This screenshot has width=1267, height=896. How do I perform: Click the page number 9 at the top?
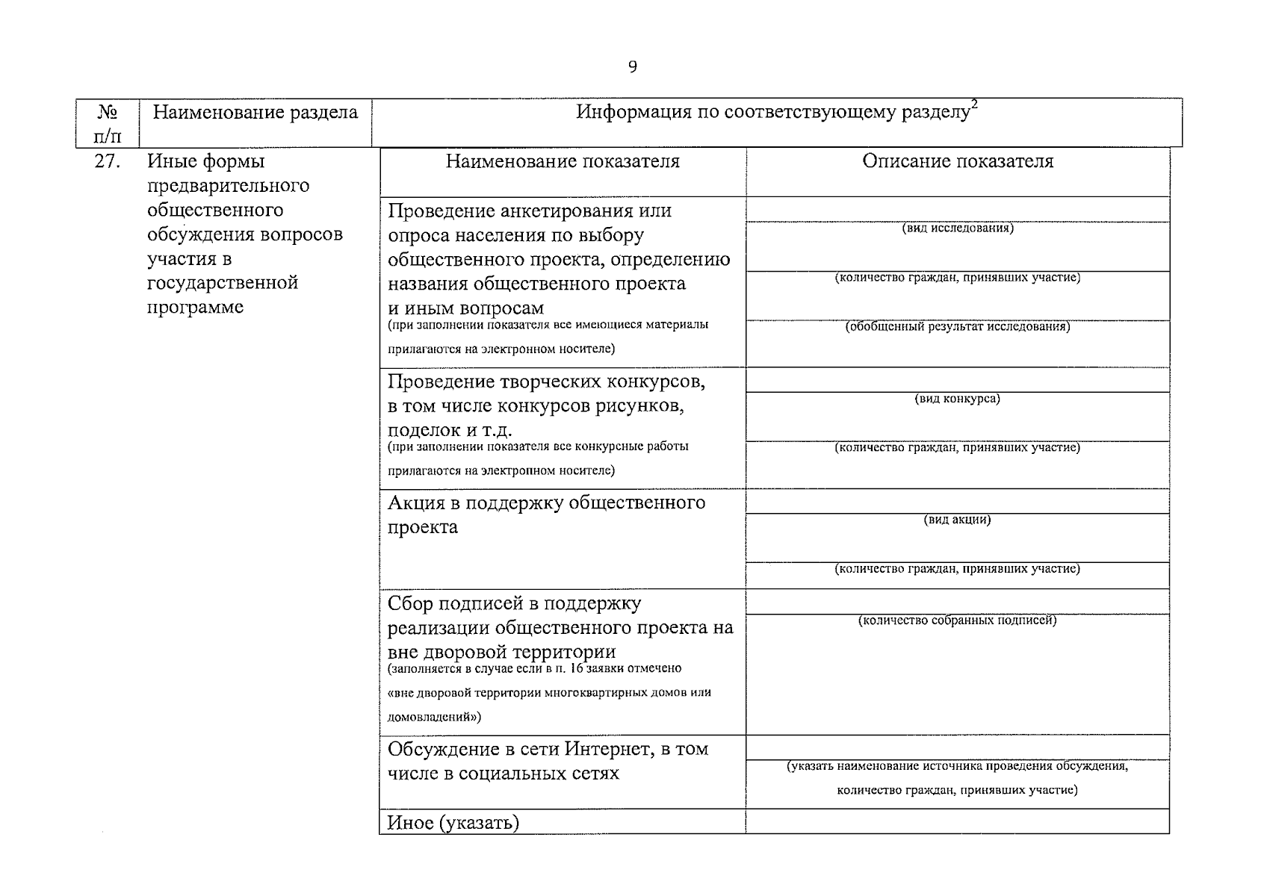click(633, 67)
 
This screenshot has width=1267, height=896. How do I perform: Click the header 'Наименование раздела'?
click(255, 113)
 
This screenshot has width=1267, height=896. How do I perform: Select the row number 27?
click(108, 161)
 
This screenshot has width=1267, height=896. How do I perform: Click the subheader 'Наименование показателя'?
click(563, 161)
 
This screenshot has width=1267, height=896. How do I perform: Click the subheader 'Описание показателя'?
click(957, 161)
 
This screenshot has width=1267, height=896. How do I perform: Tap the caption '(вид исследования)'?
click(957, 228)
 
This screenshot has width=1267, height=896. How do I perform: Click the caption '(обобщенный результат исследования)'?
click(957, 326)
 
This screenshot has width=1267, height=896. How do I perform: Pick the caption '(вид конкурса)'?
click(957, 399)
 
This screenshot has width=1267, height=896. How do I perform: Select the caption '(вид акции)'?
click(957, 520)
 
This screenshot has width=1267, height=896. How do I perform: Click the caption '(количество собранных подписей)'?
click(957, 620)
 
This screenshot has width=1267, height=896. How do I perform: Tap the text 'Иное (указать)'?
click(453, 823)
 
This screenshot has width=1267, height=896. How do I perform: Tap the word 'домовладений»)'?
click(434, 717)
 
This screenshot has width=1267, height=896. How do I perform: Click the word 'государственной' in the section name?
click(223, 283)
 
